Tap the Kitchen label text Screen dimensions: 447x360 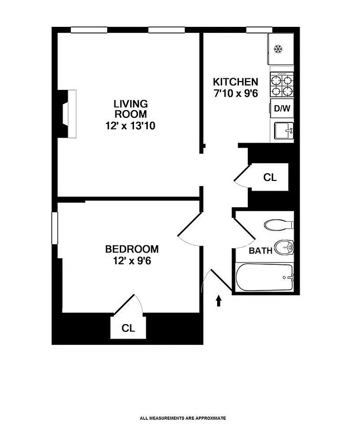(x=236, y=82)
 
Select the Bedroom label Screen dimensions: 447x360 (x=132, y=249)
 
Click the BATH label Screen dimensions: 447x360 (x=260, y=251)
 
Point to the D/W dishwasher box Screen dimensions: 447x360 (x=282, y=108)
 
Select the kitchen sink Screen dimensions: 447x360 (x=283, y=131)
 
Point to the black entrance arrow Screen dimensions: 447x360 (x=218, y=301)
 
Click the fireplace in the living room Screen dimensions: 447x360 (x=68, y=114)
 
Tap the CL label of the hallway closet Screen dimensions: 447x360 (x=270, y=178)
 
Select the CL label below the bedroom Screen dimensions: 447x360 (x=128, y=328)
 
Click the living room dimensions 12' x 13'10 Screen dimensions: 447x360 (x=130, y=126)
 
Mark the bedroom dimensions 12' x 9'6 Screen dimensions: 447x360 (x=132, y=260)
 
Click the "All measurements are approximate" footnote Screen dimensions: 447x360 (x=183, y=418)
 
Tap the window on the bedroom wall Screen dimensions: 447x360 (x=55, y=227)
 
